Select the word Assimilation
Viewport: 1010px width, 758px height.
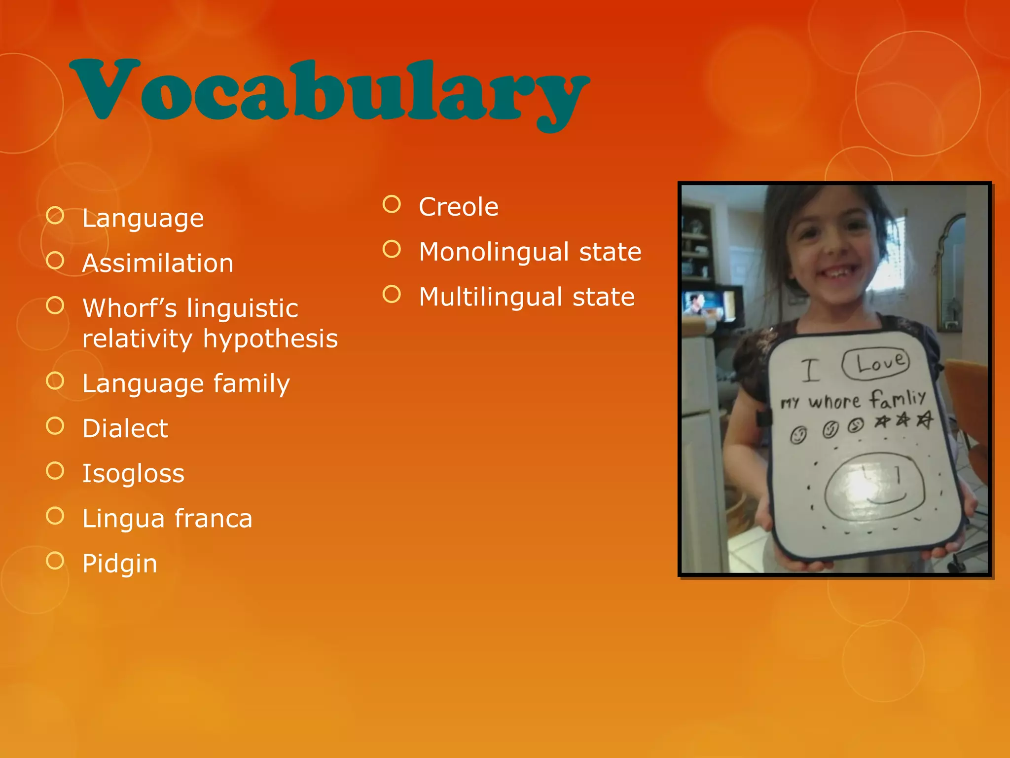pyautogui.click(x=158, y=263)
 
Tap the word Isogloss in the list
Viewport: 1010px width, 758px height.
pyautogui.click(x=133, y=473)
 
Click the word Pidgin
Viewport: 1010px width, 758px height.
pyautogui.click(x=120, y=564)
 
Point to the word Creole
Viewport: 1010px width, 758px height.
pyautogui.click(x=459, y=207)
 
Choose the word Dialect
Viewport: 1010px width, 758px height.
pyautogui.click(x=125, y=428)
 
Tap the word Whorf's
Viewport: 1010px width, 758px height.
pyautogui.click(x=130, y=308)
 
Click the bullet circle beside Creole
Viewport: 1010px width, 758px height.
pyautogui.click(x=392, y=204)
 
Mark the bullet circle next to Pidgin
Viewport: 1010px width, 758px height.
pyautogui.click(x=55, y=561)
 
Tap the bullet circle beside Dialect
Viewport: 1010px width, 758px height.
pyautogui.click(x=55, y=426)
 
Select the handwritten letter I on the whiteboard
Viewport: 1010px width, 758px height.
pyautogui.click(x=810, y=370)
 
